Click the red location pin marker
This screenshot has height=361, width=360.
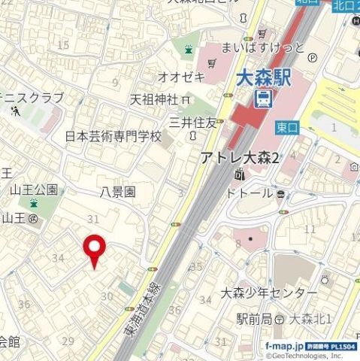click(94, 250)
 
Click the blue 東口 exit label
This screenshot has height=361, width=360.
click(287, 127)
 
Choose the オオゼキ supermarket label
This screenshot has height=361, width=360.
click(180, 76)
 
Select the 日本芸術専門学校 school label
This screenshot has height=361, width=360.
click(113, 137)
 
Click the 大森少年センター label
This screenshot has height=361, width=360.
click(268, 292)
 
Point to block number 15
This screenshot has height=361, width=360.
click(63, 45)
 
